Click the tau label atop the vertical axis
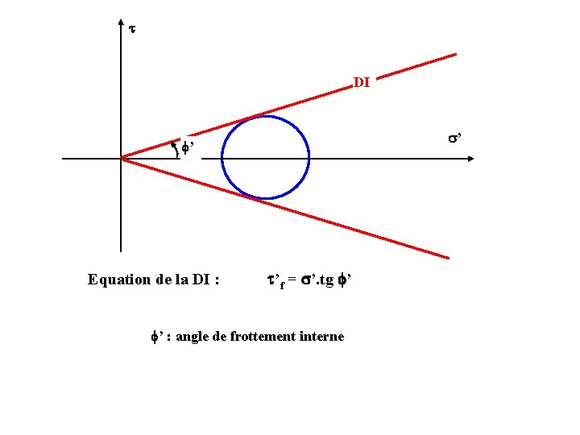click(x=132, y=29)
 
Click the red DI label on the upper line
click(x=362, y=82)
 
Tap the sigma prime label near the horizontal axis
click(x=454, y=139)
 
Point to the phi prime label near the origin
click(x=188, y=147)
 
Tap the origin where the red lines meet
click(x=121, y=158)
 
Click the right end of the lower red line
click(x=447, y=258)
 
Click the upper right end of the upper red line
click(x=455, y=55)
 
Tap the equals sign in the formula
click(x=293, y=280)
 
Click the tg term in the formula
click(x=326, y=281)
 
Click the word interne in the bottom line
click(x=324, y=336)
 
